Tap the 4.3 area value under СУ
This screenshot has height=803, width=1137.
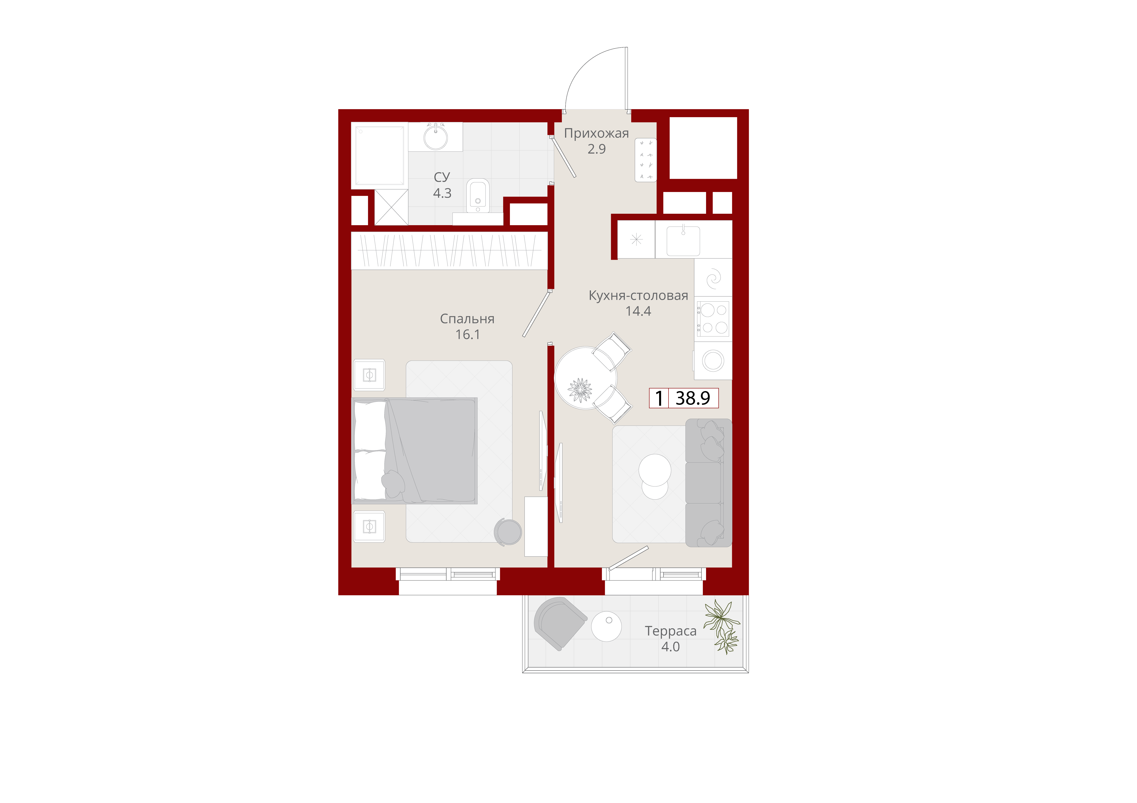click(x=442, y=193)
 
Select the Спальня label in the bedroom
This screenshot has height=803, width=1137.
click(x=467, y=319)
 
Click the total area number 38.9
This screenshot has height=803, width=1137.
click(x=693, y=398)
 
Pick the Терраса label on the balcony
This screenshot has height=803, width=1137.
click(x=671, y=631)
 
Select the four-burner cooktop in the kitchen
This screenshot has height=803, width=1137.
click(x=713, y=319)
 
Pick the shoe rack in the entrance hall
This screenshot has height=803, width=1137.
click(x=646, y=160)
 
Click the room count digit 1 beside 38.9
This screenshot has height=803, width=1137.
click(x=659, y=398)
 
